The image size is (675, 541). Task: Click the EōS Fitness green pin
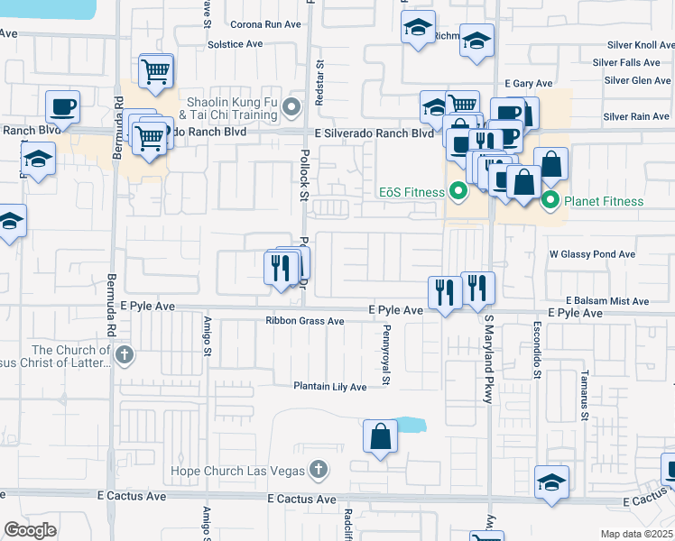click(x=458, y=192)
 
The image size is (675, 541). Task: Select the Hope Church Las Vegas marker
click(x=317, y=470)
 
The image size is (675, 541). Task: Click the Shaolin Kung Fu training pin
click(x=291, y=108)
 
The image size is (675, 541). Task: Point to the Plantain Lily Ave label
click(x=330, y=387)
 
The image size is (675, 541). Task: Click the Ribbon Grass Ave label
click(x=305, y=321)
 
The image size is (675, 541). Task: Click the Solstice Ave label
click(x=235, y=43)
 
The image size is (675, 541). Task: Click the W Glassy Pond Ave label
click(x=593, y=255)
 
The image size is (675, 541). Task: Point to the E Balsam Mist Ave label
click(x=607, y=301)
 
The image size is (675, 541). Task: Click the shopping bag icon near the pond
click(x=381, y=436)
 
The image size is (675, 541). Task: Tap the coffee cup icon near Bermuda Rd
click(x=63, y=107)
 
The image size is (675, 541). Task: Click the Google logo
click(x=30, y=530)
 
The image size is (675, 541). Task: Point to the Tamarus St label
click(x=585, y=397)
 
